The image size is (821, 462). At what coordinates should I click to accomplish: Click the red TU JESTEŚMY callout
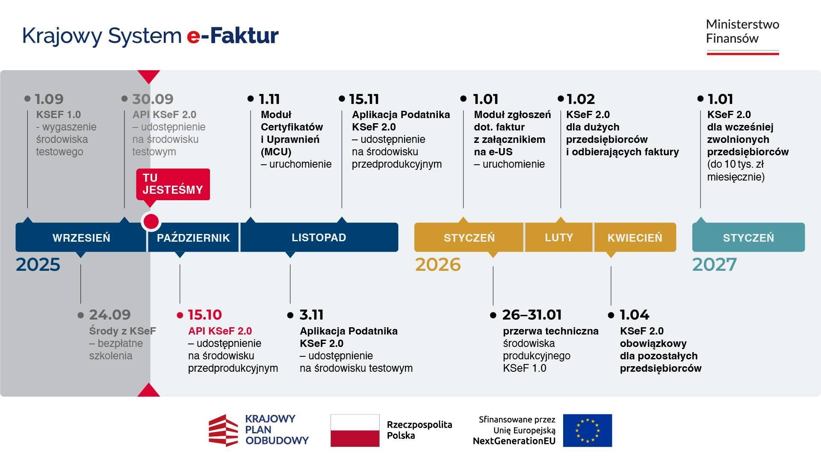173,184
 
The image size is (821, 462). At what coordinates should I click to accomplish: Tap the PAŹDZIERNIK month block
193,237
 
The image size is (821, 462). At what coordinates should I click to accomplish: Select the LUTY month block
558,237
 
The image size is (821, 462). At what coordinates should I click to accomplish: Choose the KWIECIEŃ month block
635,237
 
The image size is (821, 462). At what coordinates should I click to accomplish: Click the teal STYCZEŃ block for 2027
748,237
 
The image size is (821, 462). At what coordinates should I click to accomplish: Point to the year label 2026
438,265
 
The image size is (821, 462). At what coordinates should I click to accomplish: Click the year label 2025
38,265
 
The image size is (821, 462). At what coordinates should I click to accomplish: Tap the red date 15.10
205,315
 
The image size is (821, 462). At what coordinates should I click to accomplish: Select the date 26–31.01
532,315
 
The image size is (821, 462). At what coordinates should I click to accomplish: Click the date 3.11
311,315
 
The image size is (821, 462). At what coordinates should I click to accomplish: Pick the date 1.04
635,315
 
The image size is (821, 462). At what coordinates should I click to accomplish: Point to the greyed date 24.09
110,315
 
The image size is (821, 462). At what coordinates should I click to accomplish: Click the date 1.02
581,99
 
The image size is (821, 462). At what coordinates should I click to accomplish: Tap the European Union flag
587,430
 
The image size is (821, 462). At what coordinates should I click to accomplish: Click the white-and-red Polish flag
355,430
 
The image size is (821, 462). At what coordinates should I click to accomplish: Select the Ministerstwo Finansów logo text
742,31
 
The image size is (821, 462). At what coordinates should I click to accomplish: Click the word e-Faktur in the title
233,36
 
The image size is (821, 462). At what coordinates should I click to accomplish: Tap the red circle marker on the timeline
151,222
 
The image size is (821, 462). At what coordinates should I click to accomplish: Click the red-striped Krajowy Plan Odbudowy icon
223,430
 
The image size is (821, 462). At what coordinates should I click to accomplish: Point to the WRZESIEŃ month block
81,237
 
